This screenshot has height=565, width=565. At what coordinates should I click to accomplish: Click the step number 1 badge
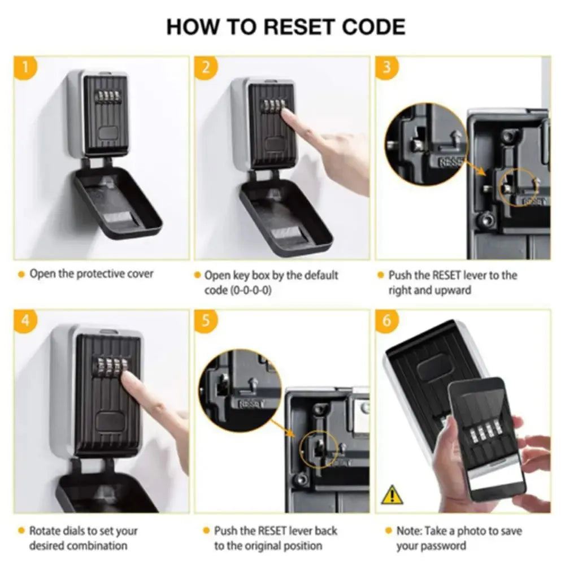pyautogui.click(x=25, y=68)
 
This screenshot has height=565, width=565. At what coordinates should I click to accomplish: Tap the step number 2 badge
pyautogui.click(x=206, y=68)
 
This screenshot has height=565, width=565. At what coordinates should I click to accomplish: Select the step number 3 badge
pyautogui.click(x=387, y=68)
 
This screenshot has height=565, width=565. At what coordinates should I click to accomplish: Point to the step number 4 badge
pyautogui.click(x=25, y=321)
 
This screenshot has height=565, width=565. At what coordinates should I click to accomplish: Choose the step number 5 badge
pyautogui.click(x=206, y=321)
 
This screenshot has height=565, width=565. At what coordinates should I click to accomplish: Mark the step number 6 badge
pyautogui.click(x=387, y=321)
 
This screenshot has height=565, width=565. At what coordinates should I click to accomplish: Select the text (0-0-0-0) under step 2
pyautogui.click(x=237, y=290)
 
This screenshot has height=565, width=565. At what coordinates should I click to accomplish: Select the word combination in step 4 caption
pyautogui.click(x=96, y=546)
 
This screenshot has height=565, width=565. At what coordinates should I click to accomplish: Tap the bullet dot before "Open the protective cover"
pyautogui.click(x=21, y=275)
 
